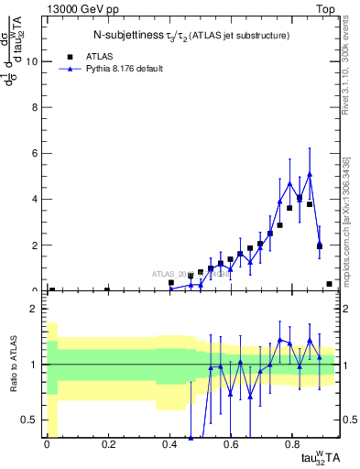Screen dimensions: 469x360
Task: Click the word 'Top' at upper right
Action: click(326, 7)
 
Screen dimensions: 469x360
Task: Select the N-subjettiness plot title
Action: click(191, 36)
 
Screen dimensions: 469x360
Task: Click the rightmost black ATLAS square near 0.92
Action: click(329, 284)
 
